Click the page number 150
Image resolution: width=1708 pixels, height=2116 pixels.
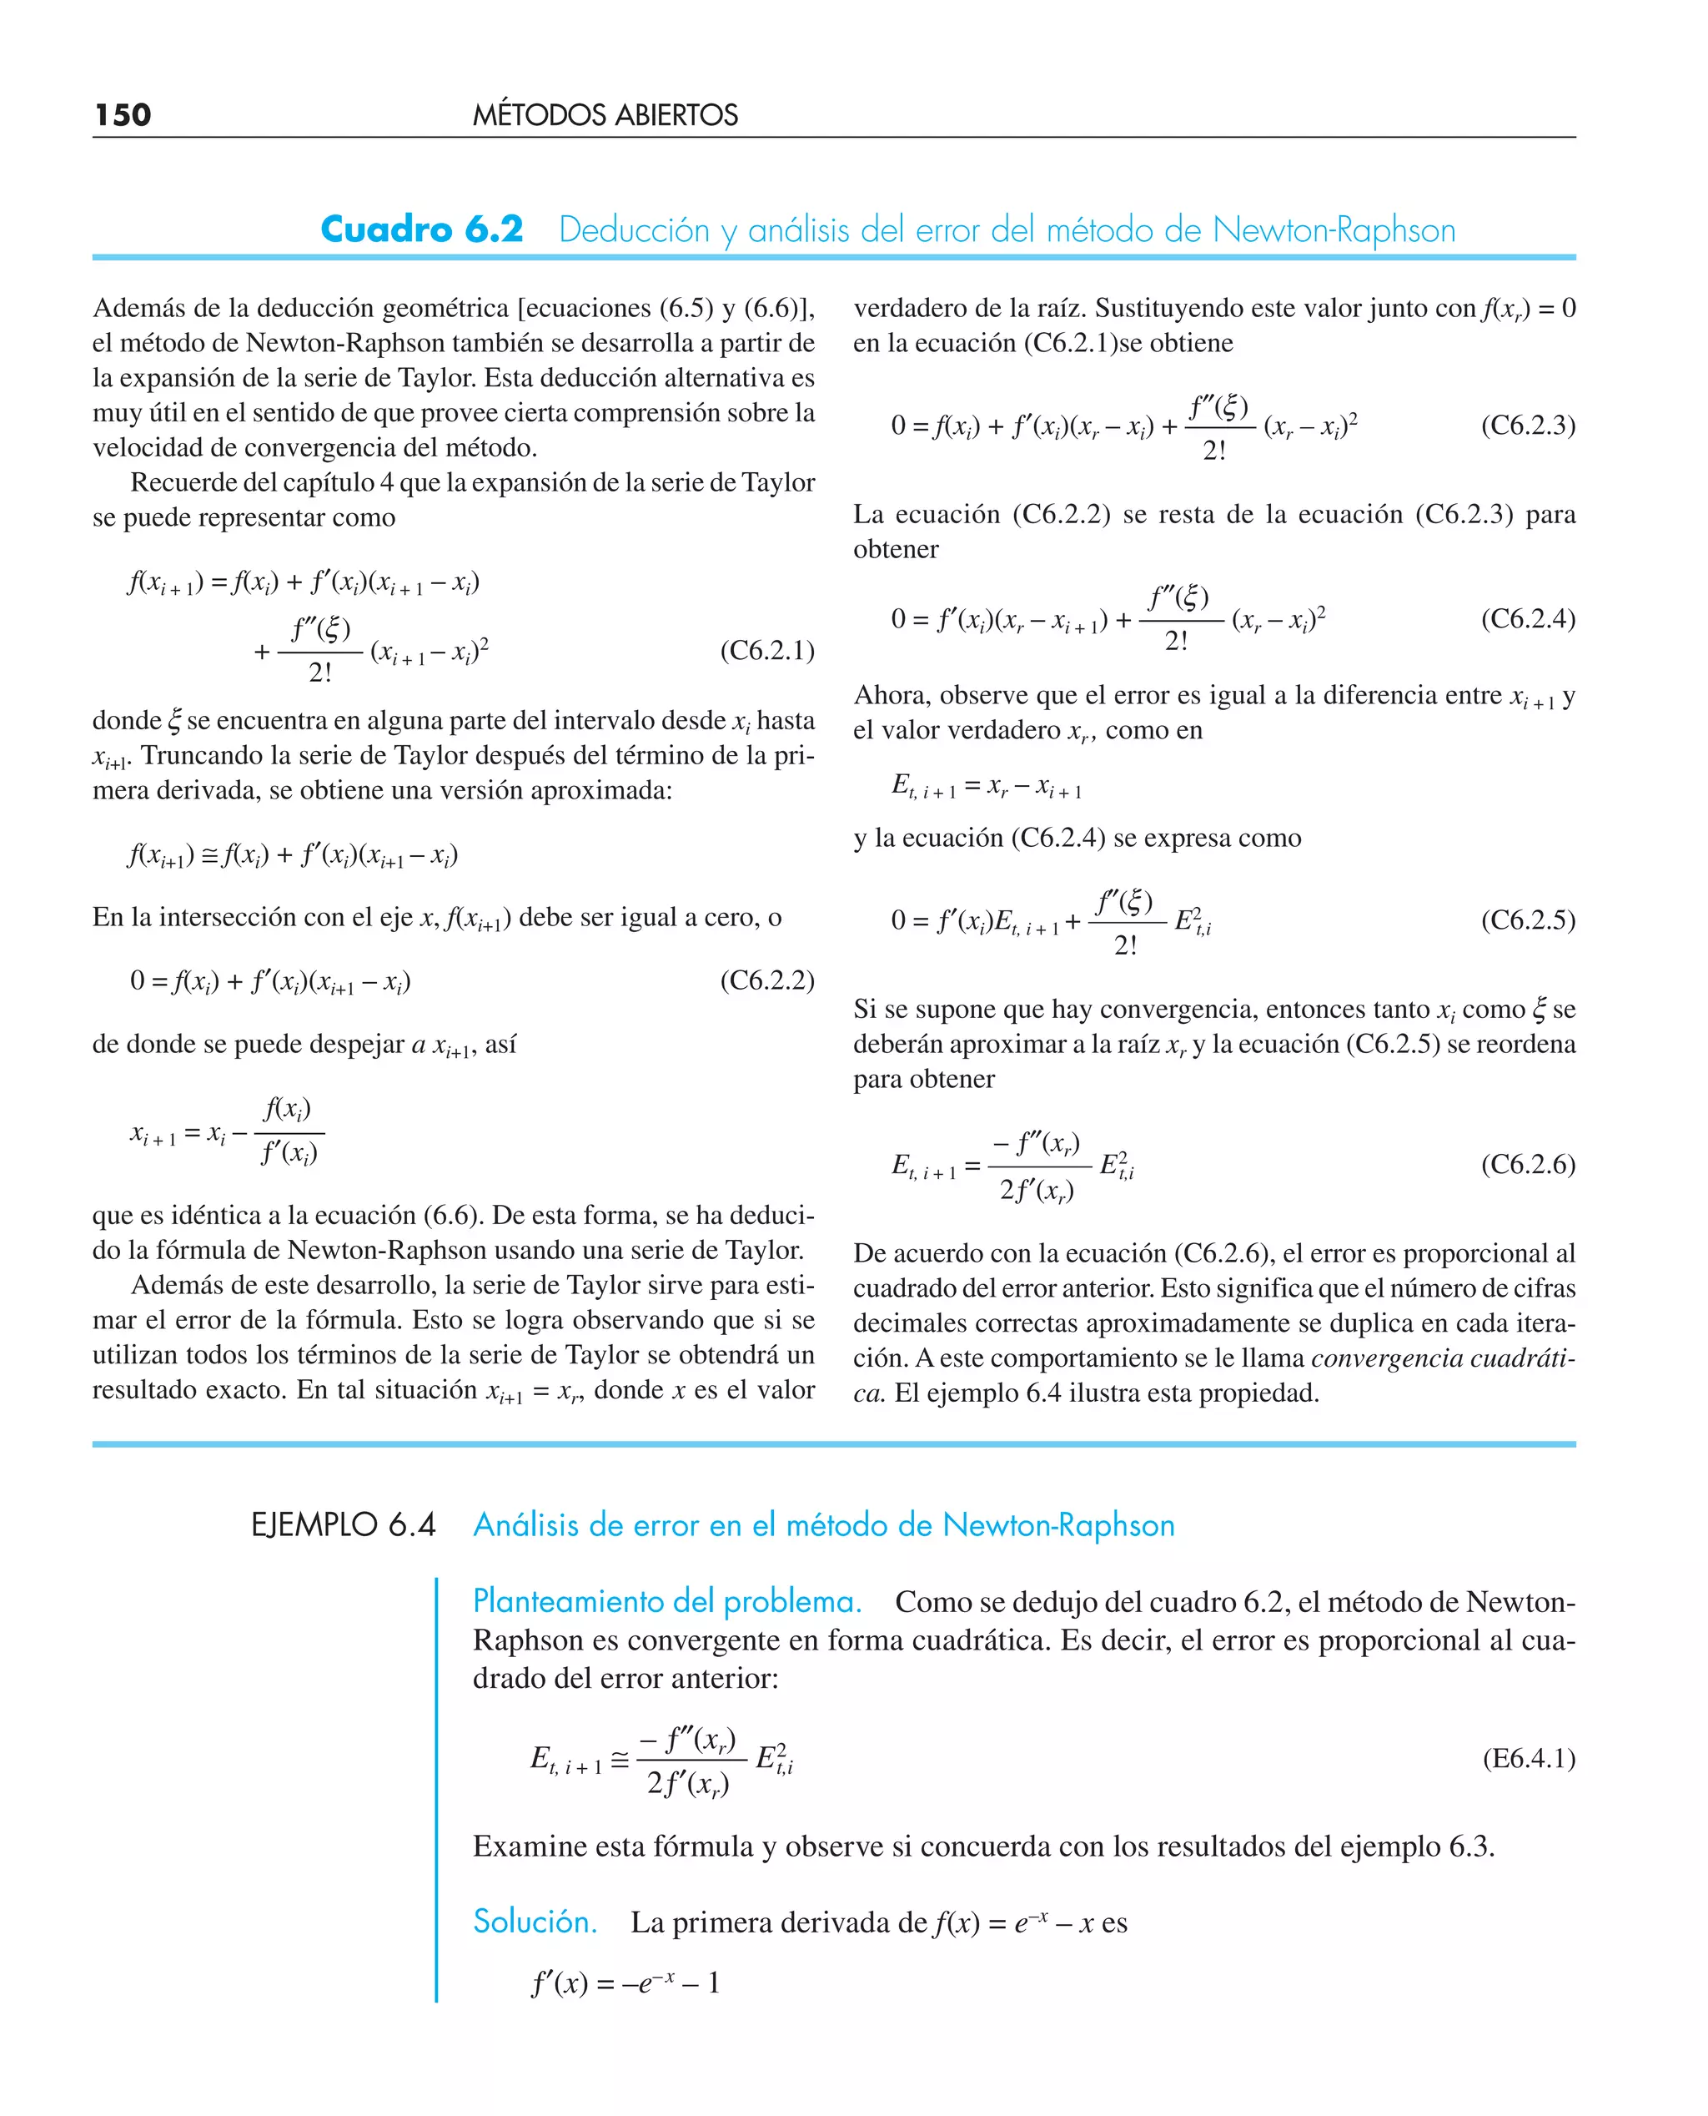click(123, 115)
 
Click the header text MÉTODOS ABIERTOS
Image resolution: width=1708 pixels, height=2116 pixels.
click(605, 115)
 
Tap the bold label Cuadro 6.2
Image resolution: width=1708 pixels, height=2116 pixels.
click(422, 229)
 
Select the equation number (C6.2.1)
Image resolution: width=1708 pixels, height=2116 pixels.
click(767, 651)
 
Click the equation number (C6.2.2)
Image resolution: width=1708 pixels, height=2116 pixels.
click(767, 980)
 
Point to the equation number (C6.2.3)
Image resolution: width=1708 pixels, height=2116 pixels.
click(1528, 426)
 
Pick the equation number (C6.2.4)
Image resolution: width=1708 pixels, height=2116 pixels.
click(1528, 619)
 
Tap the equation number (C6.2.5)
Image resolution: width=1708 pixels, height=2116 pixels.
click(1528, 920)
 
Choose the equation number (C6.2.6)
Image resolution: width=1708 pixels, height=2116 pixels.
click(1528, 1164)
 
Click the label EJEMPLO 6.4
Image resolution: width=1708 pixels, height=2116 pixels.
click(344, 1525)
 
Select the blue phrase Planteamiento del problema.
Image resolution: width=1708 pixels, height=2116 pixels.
click(667, 1601)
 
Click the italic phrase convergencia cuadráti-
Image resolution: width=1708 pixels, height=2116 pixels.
click(1442, 1358)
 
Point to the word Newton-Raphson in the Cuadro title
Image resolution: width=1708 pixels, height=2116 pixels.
click(1334, 230)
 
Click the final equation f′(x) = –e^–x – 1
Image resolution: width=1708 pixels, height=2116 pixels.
click(625, 1982)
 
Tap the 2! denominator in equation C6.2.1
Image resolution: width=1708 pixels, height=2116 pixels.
click(321, 673)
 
